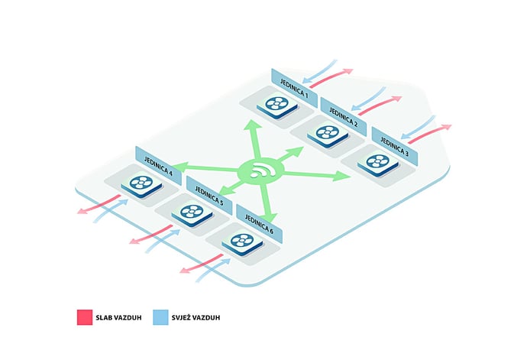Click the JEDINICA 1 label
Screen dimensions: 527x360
tap(294, 89)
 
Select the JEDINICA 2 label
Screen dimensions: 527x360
tap(344, 117)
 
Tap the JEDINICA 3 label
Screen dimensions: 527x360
tap(395, 146)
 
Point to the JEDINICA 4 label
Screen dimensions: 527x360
tap(158, 166)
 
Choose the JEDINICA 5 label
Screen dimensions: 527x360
tap(209, 196)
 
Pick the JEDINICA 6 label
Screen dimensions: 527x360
tap(259, 224)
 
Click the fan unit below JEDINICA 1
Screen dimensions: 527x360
tap(277, 105)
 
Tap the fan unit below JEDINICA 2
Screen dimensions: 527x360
tap(328, 134)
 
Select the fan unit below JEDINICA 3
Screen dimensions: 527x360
tap(378, 163)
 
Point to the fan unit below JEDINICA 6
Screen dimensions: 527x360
tap(242, 242)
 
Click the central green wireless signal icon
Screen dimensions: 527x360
tap(260, 171)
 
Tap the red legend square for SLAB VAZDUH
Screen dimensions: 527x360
tap(85, 317)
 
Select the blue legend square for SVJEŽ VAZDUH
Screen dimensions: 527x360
tap(160, 317)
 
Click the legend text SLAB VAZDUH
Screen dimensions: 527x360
tap(118, 318)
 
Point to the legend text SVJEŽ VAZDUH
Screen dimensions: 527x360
tap(196, 317)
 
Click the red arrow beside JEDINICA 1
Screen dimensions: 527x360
tap(331, 79)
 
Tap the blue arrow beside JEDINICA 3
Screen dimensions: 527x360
tap(418, 127)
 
